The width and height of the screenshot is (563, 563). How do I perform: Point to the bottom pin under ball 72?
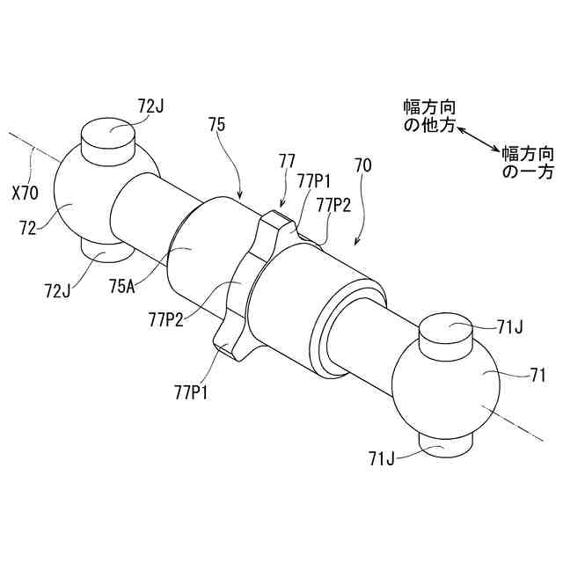pyautogui.click(x=106, y=254)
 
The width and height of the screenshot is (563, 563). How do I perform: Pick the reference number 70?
pyautogui.click(x=362, y=165)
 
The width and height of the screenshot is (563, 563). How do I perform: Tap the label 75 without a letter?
pyautogui.click(x=217, y=124)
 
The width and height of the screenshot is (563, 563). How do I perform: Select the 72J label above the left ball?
pyautogui.click(x=151, y=105)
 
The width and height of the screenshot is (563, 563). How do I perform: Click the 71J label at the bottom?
pyautogui.click(x=384, y=456)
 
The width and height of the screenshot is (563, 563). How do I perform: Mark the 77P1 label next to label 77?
pyautogui.click(x=314, y=181)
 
